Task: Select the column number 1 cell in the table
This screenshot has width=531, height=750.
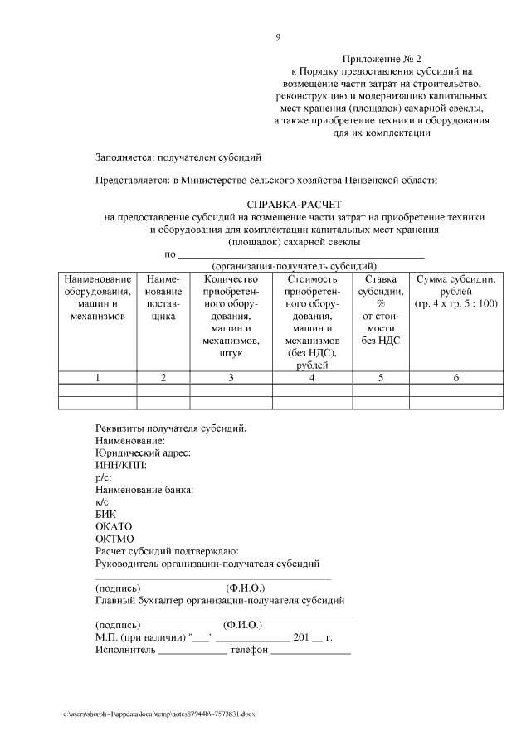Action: (x=97, y=378)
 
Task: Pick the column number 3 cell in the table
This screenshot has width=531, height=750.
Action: (x=231, y=378)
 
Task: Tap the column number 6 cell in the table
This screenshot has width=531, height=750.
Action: (x=456, y=378)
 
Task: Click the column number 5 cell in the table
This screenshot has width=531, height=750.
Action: (x=380, y=378)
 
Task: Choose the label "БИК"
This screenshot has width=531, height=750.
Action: (x=107, y=514)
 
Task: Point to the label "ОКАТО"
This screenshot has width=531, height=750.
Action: (x=114, y=526)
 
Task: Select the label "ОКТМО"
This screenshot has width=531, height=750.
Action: (x=114, y=539)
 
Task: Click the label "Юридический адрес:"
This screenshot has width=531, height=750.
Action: (x=144, y=453)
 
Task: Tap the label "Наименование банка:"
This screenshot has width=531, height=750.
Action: (x=144, y=490)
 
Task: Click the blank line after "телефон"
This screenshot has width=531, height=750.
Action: (x=311, y=651)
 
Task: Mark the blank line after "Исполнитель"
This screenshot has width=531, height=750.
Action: (x=192, y=651)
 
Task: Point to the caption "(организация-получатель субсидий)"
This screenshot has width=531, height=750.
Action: (x=295, y=266)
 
